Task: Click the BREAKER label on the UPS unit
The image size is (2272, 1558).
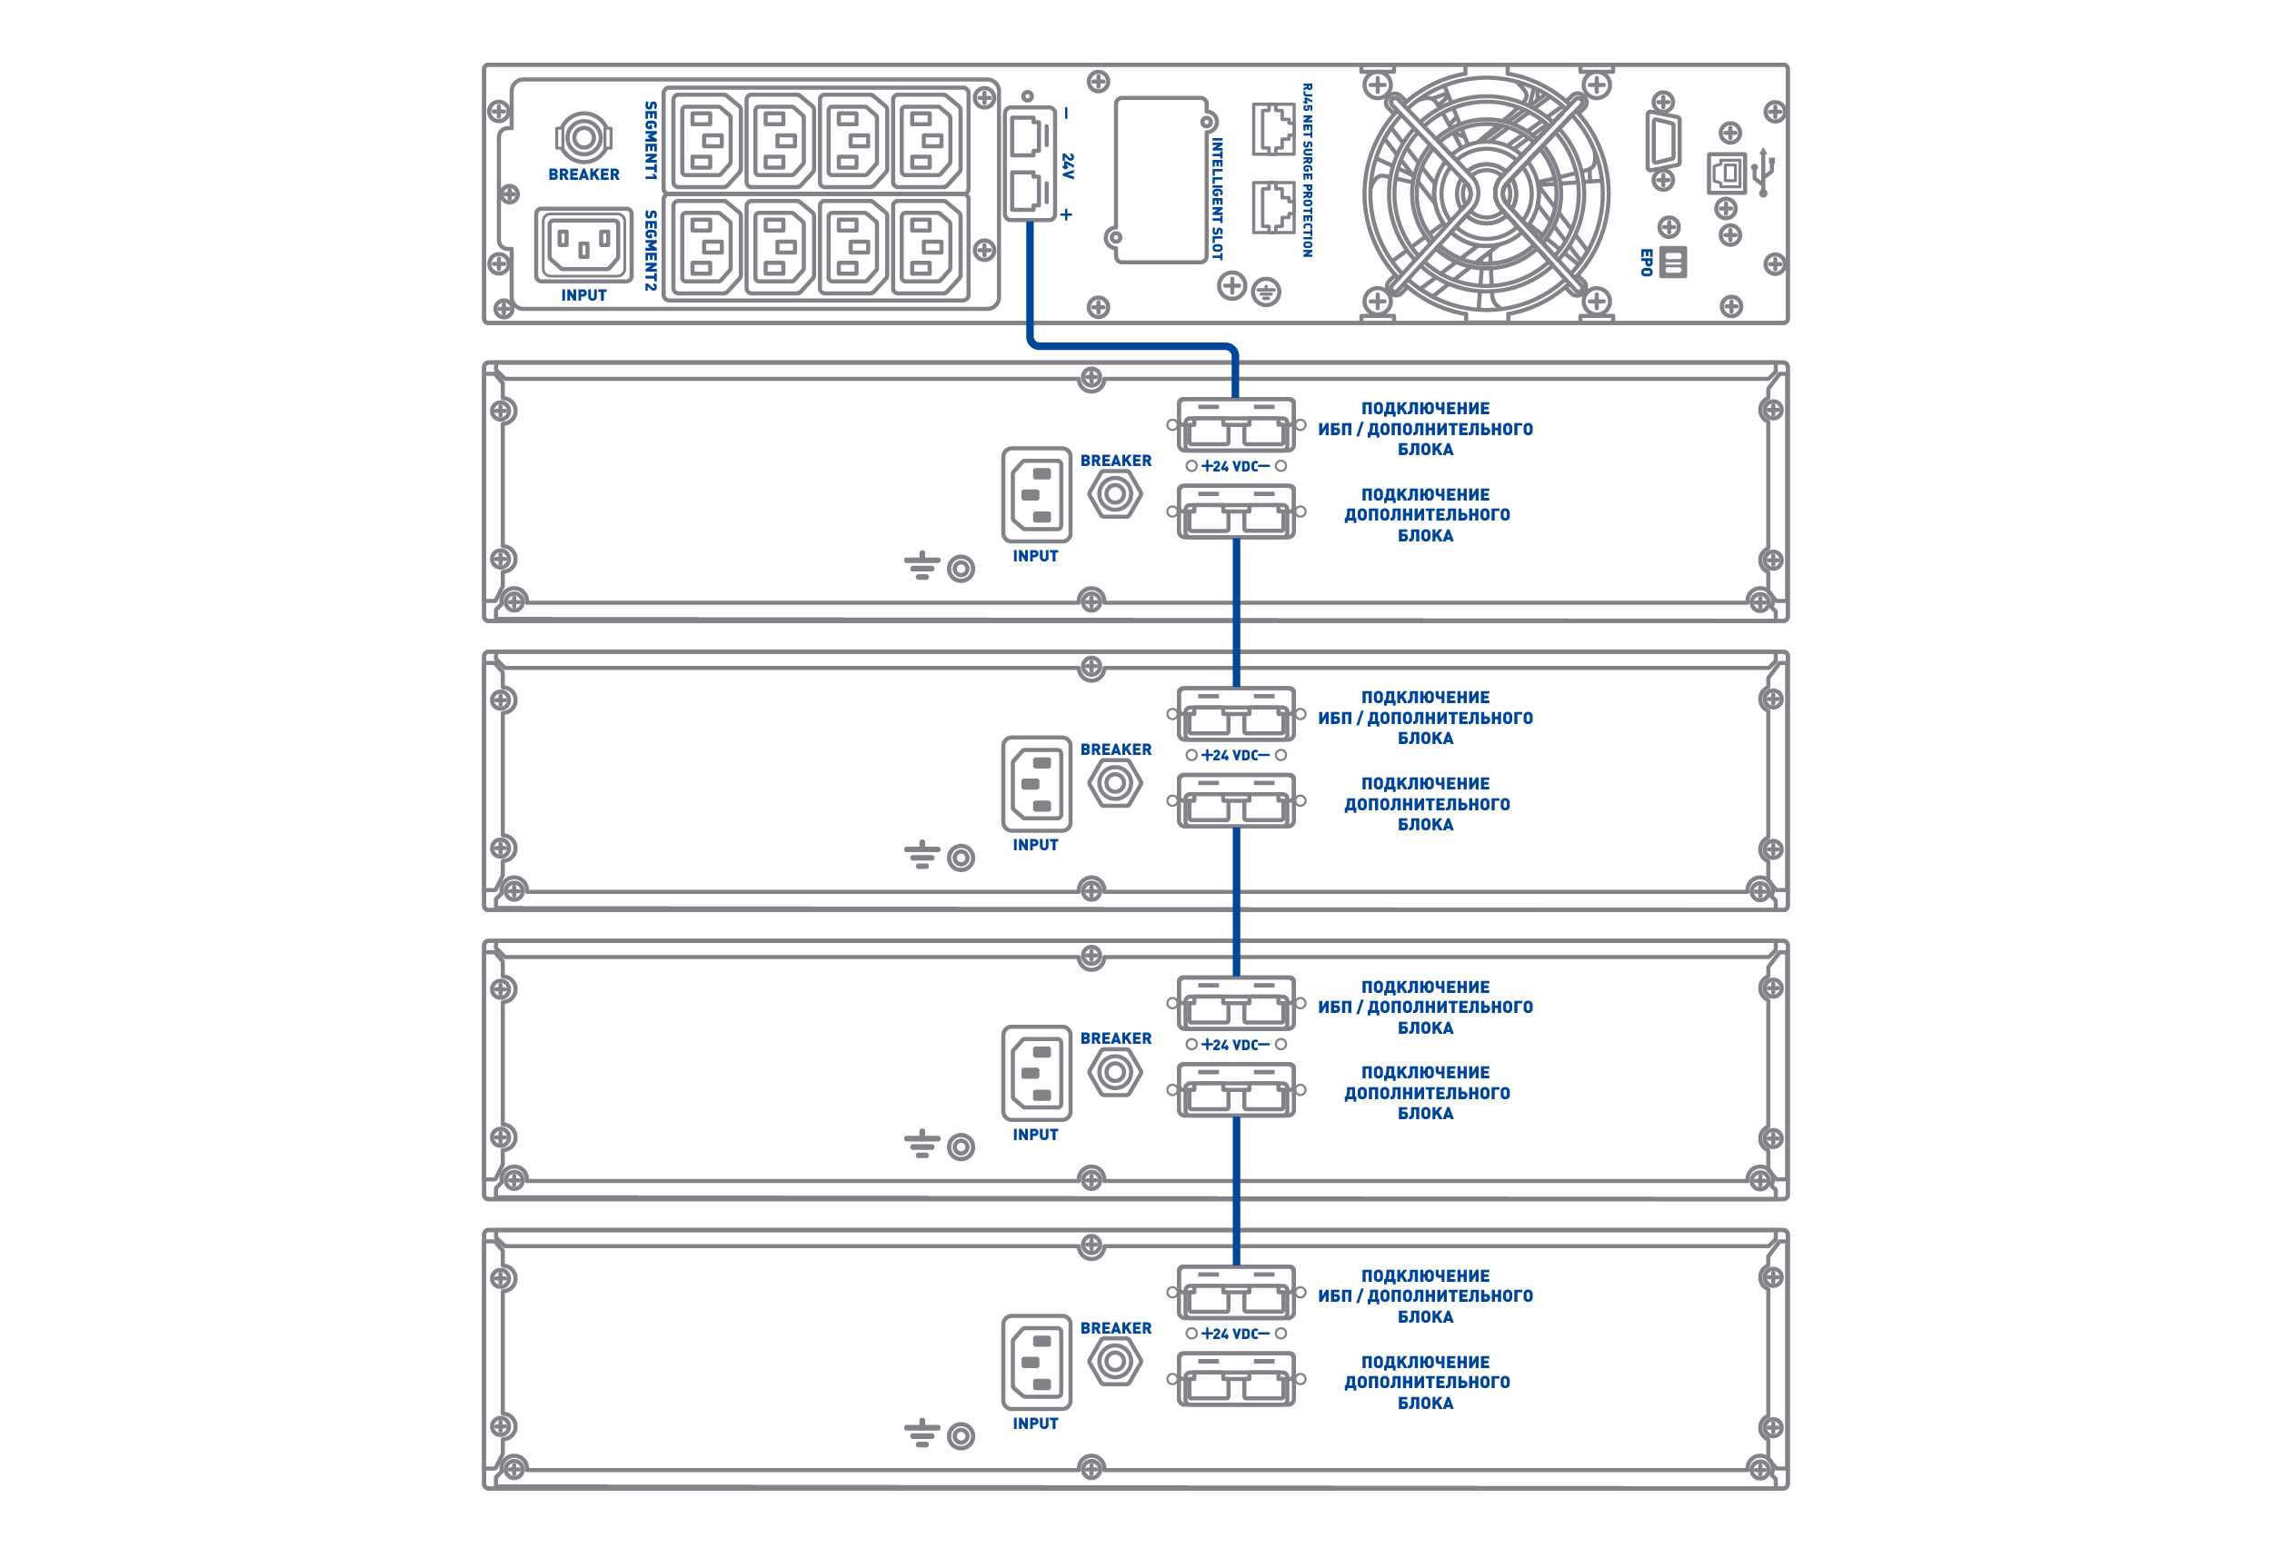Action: pyautogui.click(x=583, y=175)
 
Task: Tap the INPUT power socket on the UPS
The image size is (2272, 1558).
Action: pyautogui.click(x=583, y=244)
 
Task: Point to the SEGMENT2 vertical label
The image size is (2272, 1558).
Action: pyautogui.click(x=650, y=250)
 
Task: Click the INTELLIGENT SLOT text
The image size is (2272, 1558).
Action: pyautogui.click(x=1217, y=198)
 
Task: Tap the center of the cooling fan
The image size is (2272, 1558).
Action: pyautogui.click(x=1486, y=194)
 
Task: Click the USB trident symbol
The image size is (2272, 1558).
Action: pyautogui.click(x=1763, y=172)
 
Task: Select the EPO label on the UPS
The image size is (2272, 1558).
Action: pyautogui.click(x=1647, y=262)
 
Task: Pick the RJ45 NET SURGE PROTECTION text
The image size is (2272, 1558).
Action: pyautogui.click(x=1307, y=170)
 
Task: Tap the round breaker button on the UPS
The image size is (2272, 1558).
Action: pyautogui.click(x=583, y=137)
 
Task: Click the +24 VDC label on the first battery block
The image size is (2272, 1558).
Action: pyautogui.click(x=1236, y=466)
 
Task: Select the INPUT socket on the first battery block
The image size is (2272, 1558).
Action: pyautogui.click(x=1036, y=494)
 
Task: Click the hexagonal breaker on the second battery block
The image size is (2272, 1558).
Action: pyautogui.click(x=1114, y=783)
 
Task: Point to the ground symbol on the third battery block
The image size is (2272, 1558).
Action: pyautogui.click(x=922, y=1143)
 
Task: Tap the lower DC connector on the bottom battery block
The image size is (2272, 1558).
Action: pyautogui.click(x=1236, y=1379)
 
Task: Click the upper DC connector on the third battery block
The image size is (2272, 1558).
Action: pyautogui.click(x=1236, y=1004)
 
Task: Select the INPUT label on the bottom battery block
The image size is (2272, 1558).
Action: pyautogui.click(x=1035, y=1424)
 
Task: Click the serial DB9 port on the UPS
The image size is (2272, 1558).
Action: pyautogui.click(x=1663, y=142)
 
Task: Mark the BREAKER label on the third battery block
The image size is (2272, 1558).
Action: pyautogui.click(x=1115, y=1039)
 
